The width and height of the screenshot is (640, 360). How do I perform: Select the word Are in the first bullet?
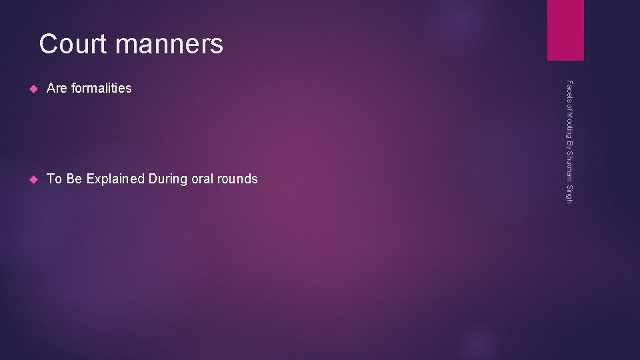pyautogui.click(x=57, y=88)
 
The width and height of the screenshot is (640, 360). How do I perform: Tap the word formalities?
pyautogui.click(x=101, y=88)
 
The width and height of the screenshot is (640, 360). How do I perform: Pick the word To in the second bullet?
pyautogui.click(x=54, y=179)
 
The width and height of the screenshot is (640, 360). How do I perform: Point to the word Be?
pyautogui.click(x=73, y=179)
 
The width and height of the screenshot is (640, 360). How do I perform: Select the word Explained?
pyautogui.click(x=115, y=179)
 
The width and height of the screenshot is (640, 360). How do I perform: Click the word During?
pyautogui.click(x=170, y=179)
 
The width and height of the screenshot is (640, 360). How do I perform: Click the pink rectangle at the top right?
pyautogui.click(x=565, y=30)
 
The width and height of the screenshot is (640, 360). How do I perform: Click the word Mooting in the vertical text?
pyautogui.click(x=569, y=123)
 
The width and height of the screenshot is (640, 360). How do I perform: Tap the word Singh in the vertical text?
pyautogui.click(x=569, y=195)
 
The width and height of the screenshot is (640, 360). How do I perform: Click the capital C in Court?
pyautogui.click(x=48, y=44)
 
